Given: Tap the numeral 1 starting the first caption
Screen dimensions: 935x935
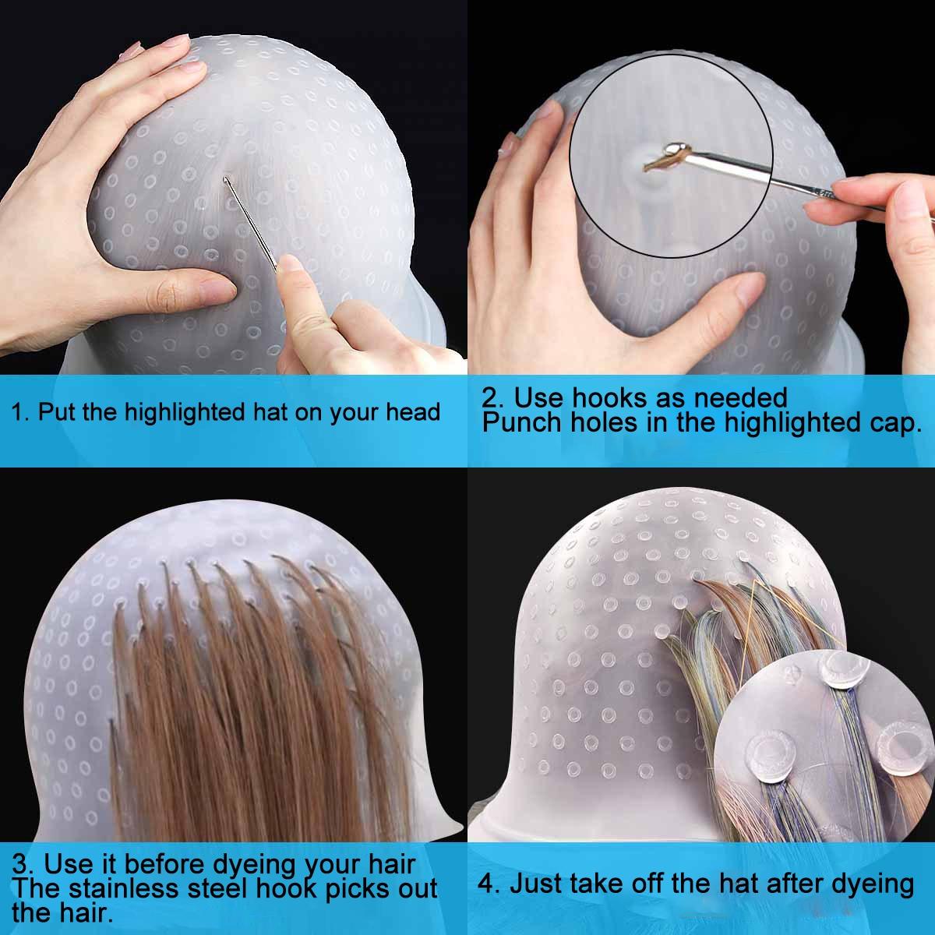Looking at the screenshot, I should click(x=17, y=412).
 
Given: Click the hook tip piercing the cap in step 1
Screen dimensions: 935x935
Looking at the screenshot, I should click(x=226, y=181).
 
